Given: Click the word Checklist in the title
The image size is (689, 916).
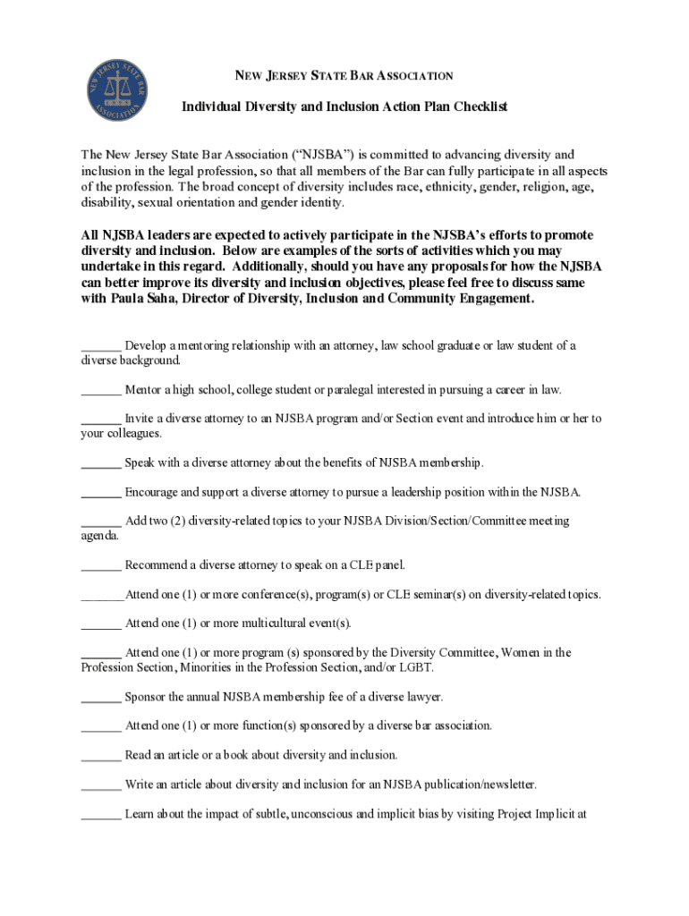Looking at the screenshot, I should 477,106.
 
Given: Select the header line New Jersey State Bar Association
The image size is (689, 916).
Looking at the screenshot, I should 344,76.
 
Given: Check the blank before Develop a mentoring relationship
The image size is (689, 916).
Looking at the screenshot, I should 101,346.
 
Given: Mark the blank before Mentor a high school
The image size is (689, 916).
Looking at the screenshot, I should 101,390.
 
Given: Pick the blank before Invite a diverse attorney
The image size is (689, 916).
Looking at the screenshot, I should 101,419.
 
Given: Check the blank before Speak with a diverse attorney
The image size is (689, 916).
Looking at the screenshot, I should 101,462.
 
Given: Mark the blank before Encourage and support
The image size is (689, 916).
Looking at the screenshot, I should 101,492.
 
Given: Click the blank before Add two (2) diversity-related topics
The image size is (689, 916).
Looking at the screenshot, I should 101,521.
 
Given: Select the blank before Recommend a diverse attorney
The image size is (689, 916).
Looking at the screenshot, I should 101,565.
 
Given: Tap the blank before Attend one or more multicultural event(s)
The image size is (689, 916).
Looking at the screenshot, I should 101,623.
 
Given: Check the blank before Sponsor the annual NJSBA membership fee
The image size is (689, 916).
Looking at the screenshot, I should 101,697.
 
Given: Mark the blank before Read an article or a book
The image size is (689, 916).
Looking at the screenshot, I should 101,755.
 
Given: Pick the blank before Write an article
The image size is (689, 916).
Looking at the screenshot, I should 101,785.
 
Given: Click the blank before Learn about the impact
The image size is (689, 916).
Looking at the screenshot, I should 101,814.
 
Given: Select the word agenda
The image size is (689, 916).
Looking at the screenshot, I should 98,535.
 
